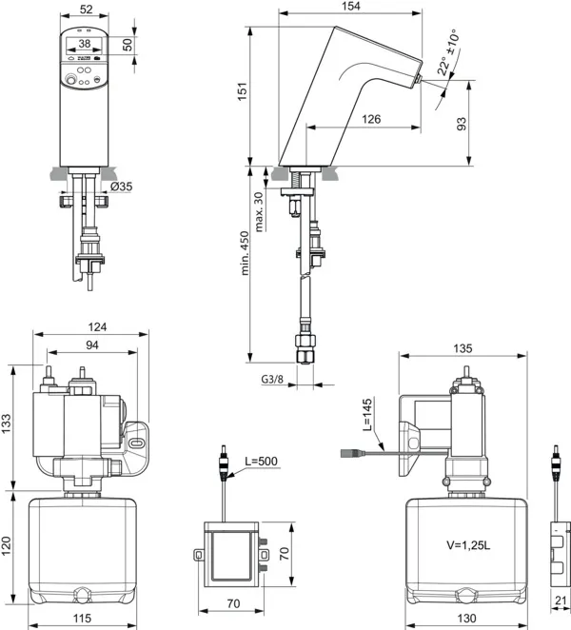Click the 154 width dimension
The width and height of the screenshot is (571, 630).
352,7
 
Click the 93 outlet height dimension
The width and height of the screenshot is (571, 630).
461,123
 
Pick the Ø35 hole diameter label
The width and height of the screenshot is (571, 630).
121,187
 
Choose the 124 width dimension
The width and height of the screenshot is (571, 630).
91,327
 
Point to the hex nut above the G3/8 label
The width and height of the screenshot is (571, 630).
305,345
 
